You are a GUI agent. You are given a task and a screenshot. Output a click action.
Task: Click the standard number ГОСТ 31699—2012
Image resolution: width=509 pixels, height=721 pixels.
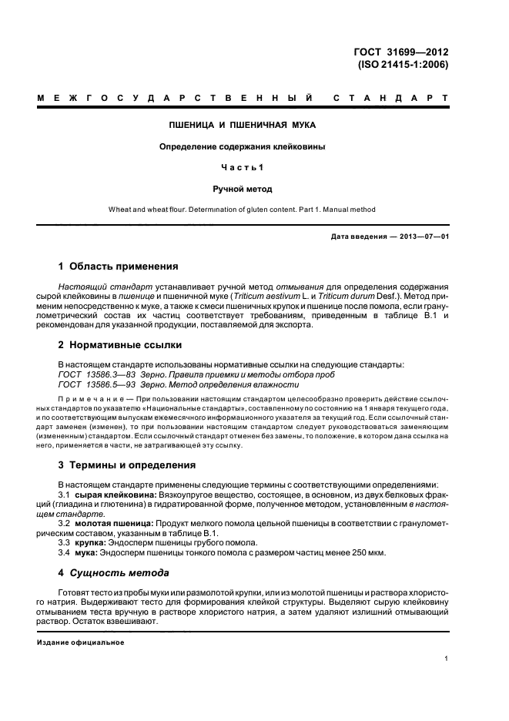click(x=400, y=52)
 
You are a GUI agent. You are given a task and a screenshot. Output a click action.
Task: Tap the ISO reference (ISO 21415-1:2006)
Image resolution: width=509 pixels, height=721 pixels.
click(x=403, y=65)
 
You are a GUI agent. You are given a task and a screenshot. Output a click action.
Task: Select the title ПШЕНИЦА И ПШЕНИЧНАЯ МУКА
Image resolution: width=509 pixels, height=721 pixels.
click(x=243, y=124)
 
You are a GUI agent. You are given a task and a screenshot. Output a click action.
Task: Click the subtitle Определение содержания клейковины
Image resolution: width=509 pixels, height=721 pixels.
click(x=243, y=146)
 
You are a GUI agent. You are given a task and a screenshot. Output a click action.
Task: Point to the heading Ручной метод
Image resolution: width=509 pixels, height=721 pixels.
click(x=243, y=188)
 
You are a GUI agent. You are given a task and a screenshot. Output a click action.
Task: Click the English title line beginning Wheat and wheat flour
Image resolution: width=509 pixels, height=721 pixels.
click(x=243, y=209)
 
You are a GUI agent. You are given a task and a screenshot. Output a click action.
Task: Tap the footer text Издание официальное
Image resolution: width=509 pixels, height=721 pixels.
click(x=80, y=642)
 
